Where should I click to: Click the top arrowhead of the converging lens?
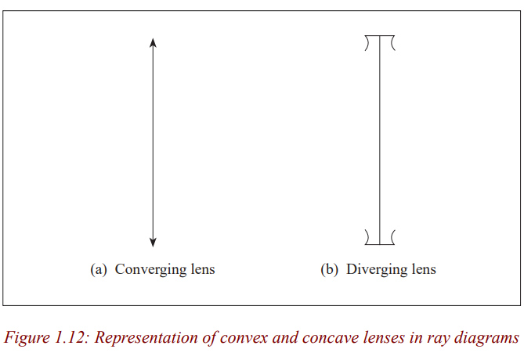[153, 42]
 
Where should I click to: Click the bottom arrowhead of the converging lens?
[153, 243]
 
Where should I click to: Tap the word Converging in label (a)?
[150, 270]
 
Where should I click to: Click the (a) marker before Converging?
[98, 270]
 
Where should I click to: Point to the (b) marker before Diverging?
[329, 270]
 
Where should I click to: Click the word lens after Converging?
[203, 269]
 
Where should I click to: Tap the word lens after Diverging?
[424, 269]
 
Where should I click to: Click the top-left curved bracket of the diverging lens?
[367, 43]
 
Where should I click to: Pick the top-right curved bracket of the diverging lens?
[392, 43]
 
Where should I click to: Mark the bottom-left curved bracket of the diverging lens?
[367, 237]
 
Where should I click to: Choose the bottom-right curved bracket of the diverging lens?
[392, 237]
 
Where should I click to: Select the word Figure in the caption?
[27, 338]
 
